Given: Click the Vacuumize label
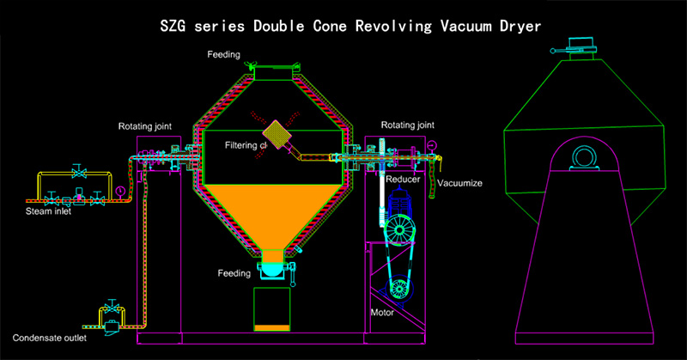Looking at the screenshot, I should (x=459, y=183).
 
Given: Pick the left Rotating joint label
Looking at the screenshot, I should (x=144, y=126).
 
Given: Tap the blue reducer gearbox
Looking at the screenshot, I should (x=402, y=206).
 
